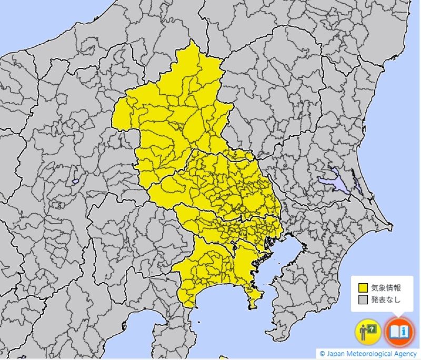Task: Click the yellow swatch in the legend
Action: coord(363,288)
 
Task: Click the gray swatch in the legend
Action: coord(363,299)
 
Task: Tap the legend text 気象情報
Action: coord(386,288)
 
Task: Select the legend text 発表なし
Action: coord(386,299)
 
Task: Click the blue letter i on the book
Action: coord(403,331)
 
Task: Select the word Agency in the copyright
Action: coord(405,354)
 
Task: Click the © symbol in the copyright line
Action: coord(322,354)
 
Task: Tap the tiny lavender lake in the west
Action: coord(75,182)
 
